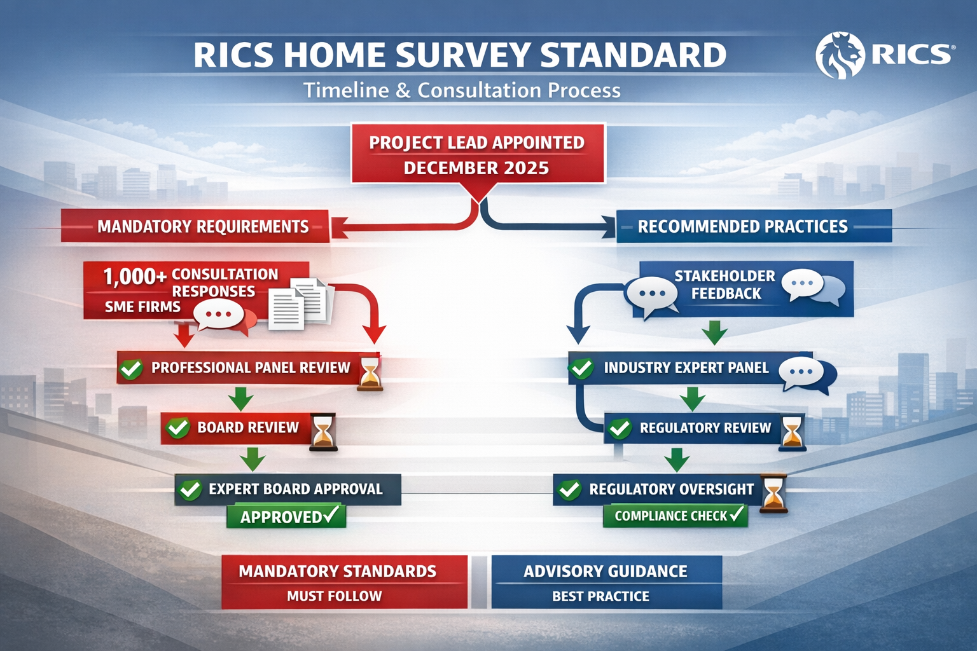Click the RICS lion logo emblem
pyautogui.click(x=840, y=56)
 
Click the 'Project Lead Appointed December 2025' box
pyautogui.click(x=477, y=154)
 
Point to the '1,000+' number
pyautogui.click(x=134, y=277)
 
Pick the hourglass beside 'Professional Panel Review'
pyautogui.click(x=370, y=373)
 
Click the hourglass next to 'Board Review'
pyautogui.click(x=323, y=432)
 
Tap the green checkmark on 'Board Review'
pyautogui.click(x=177, y=428)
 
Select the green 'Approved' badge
pyautogui.click(x=286, y=516)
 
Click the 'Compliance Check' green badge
pyautogui.click(x=676, y=516)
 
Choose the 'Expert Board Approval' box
pyautogui.click(x=288, y=489)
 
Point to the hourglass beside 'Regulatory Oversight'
pyautogui.click(x=773, y=493)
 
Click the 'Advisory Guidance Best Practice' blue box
pyautogui.click(x=606, y=582)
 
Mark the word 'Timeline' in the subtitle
pyautogui.click(x=345, y=90)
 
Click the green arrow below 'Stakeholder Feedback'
pyautogui.click(x=714, y=332)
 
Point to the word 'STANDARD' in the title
pyautogui.click(x=633, y=55)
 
